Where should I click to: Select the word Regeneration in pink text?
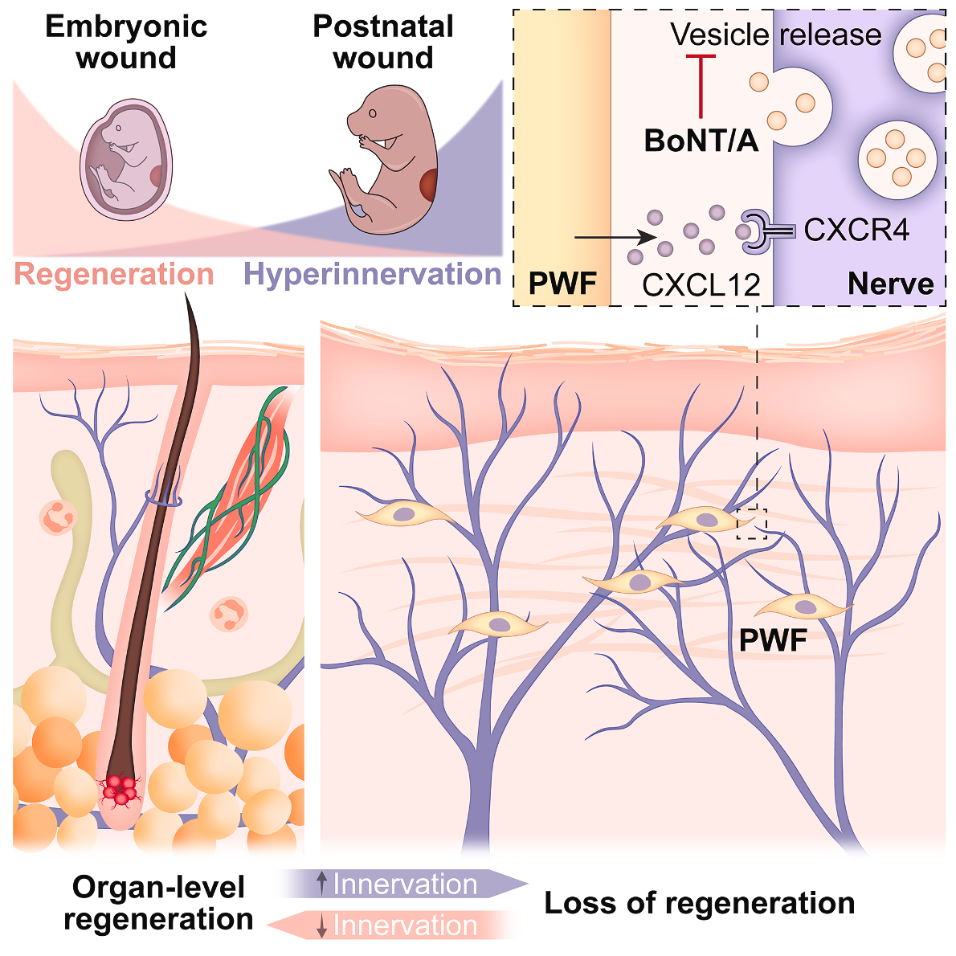click(114, 275)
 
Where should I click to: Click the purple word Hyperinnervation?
click(373, 275)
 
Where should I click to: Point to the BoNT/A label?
click(701, 141)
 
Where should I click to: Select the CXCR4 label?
click(856, 231)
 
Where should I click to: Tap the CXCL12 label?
click(701, 284)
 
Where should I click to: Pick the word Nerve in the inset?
click(891, 284)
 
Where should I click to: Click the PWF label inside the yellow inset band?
click(562, 284)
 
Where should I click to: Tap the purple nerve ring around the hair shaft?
click(163, 499)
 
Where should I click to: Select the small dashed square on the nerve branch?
click(752, 523)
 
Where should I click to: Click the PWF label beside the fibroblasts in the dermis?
click(773, 640)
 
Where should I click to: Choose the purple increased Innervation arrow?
click(402, 885)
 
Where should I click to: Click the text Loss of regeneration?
click(700, 903)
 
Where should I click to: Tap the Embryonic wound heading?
click(126, 42)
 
